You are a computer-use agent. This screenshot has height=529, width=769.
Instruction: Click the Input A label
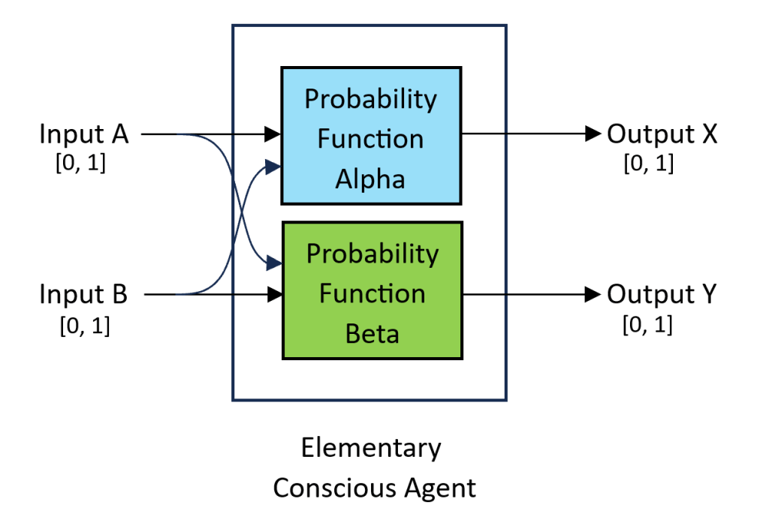point(84,134)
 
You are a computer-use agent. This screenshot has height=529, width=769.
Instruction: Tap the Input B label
point(84,294)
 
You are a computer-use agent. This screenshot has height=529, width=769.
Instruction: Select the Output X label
point(662,134)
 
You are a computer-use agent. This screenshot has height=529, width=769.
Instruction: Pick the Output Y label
point(662,294)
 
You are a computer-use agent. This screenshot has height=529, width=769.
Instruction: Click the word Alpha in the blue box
point(370,179)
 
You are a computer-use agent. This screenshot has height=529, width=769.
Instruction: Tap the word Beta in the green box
point(372,334)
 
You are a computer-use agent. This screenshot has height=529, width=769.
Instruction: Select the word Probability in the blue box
point(370,99)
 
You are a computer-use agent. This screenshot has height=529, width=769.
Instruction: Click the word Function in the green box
point(372,293)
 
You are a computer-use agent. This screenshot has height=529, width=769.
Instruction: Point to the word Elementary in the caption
point(371,448)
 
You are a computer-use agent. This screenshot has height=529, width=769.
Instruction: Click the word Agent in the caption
point(439,488)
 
